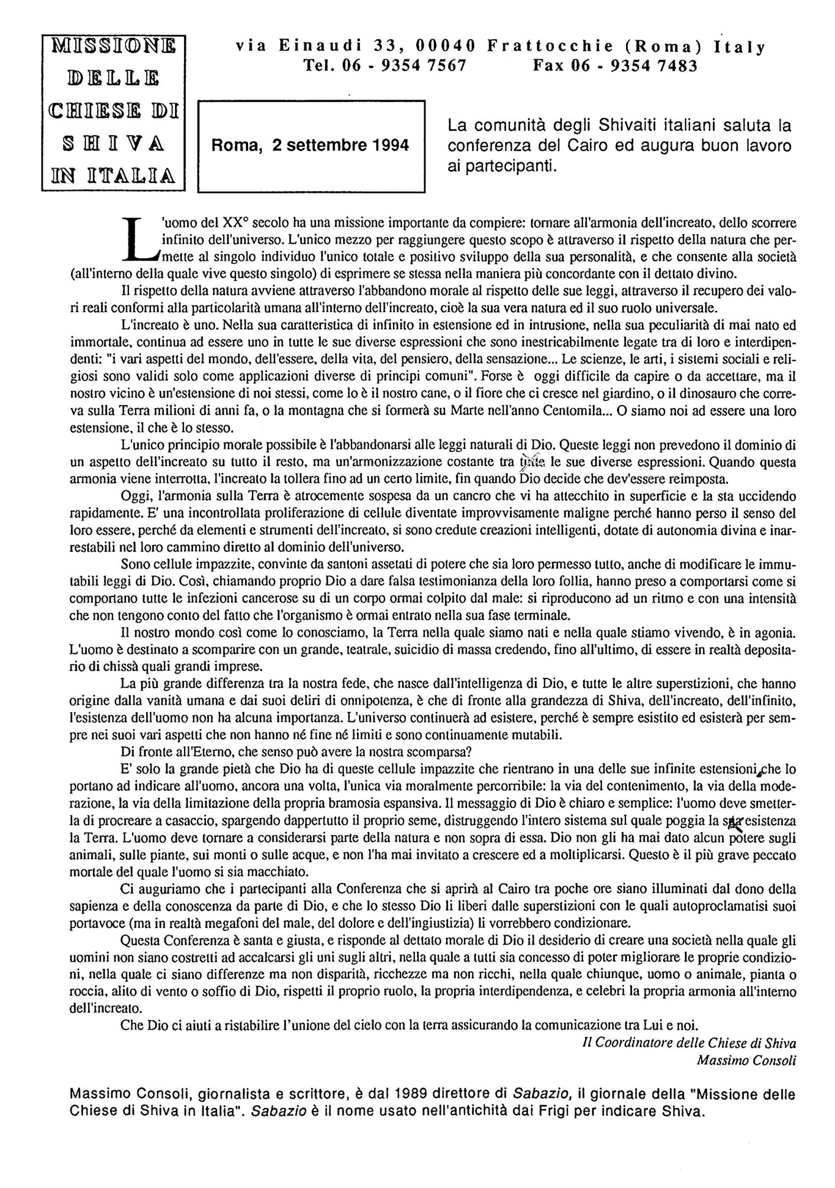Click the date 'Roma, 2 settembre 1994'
pos(311,146)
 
